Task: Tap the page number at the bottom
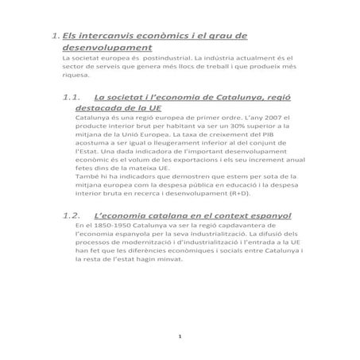181,339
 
